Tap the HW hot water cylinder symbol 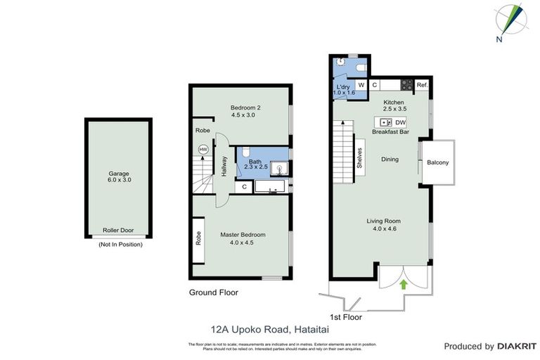click(x=203, y=150)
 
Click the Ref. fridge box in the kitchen click(x=422, y=85)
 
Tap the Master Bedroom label click(x=243, y=239)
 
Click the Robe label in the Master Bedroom click(x=199, y=238)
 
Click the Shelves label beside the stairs click(x=359, y=157)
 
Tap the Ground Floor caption click(x=214, y=292)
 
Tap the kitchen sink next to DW click(x=385, y=123)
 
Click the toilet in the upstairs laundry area click(x=360, y=67)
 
